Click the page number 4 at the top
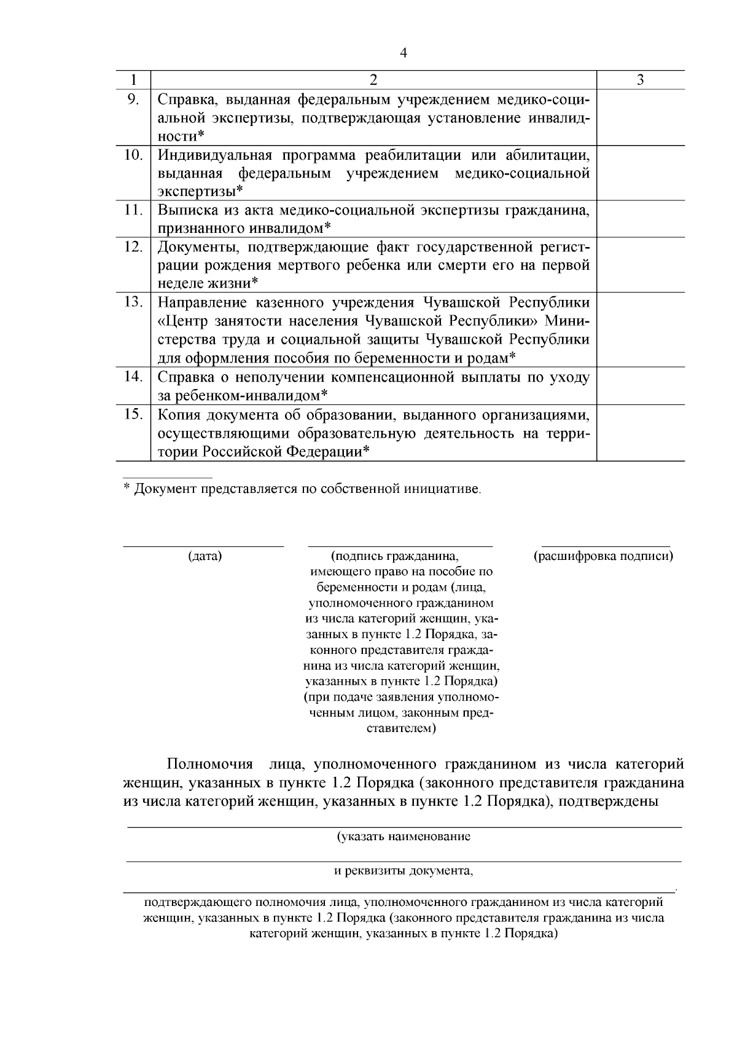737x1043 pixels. tap(403, 53)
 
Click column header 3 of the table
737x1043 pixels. tap(641, 80)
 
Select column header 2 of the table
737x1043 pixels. tap(373, 80)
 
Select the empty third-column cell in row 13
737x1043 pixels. tap(641, 329)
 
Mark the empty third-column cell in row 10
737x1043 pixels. tap(641, 172)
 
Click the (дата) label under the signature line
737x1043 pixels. tap(205, 556)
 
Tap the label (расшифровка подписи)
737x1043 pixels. tap(604, 556)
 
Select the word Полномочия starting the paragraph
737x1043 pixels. tap(210, 765)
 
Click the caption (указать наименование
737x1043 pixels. tap(404, 837)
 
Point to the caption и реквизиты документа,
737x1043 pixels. tap(404, 871)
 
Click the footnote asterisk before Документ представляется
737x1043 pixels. tap(127, 489)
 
